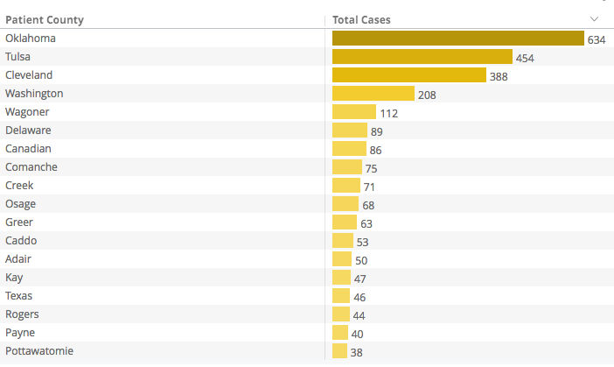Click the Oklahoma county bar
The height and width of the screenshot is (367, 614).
[457, 39]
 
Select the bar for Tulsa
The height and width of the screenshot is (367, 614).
[422, 57]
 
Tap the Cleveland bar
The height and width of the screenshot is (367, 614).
[408, 75]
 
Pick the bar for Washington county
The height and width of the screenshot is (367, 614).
[373, 94]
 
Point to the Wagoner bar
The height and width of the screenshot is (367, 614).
[353, 112]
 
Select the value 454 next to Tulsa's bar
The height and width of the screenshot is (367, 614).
[525, 58]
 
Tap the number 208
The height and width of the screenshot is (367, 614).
[427, 95]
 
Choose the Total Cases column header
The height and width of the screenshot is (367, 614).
[361, 19]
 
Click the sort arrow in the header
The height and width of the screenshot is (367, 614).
[595, 19]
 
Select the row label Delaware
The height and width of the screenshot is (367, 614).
[28, 130]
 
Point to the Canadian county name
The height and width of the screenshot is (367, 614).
[28, 148]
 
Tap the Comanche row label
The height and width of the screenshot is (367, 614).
[30, 166]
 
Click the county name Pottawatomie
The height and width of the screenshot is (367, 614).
[39, 350]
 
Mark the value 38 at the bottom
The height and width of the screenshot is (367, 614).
[356, 352]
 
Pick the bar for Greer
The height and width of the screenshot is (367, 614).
[345, 222]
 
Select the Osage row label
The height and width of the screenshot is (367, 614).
[20, 203]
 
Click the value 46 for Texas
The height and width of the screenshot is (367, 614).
[359, 297]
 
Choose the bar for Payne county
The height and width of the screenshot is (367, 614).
[340, 333]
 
